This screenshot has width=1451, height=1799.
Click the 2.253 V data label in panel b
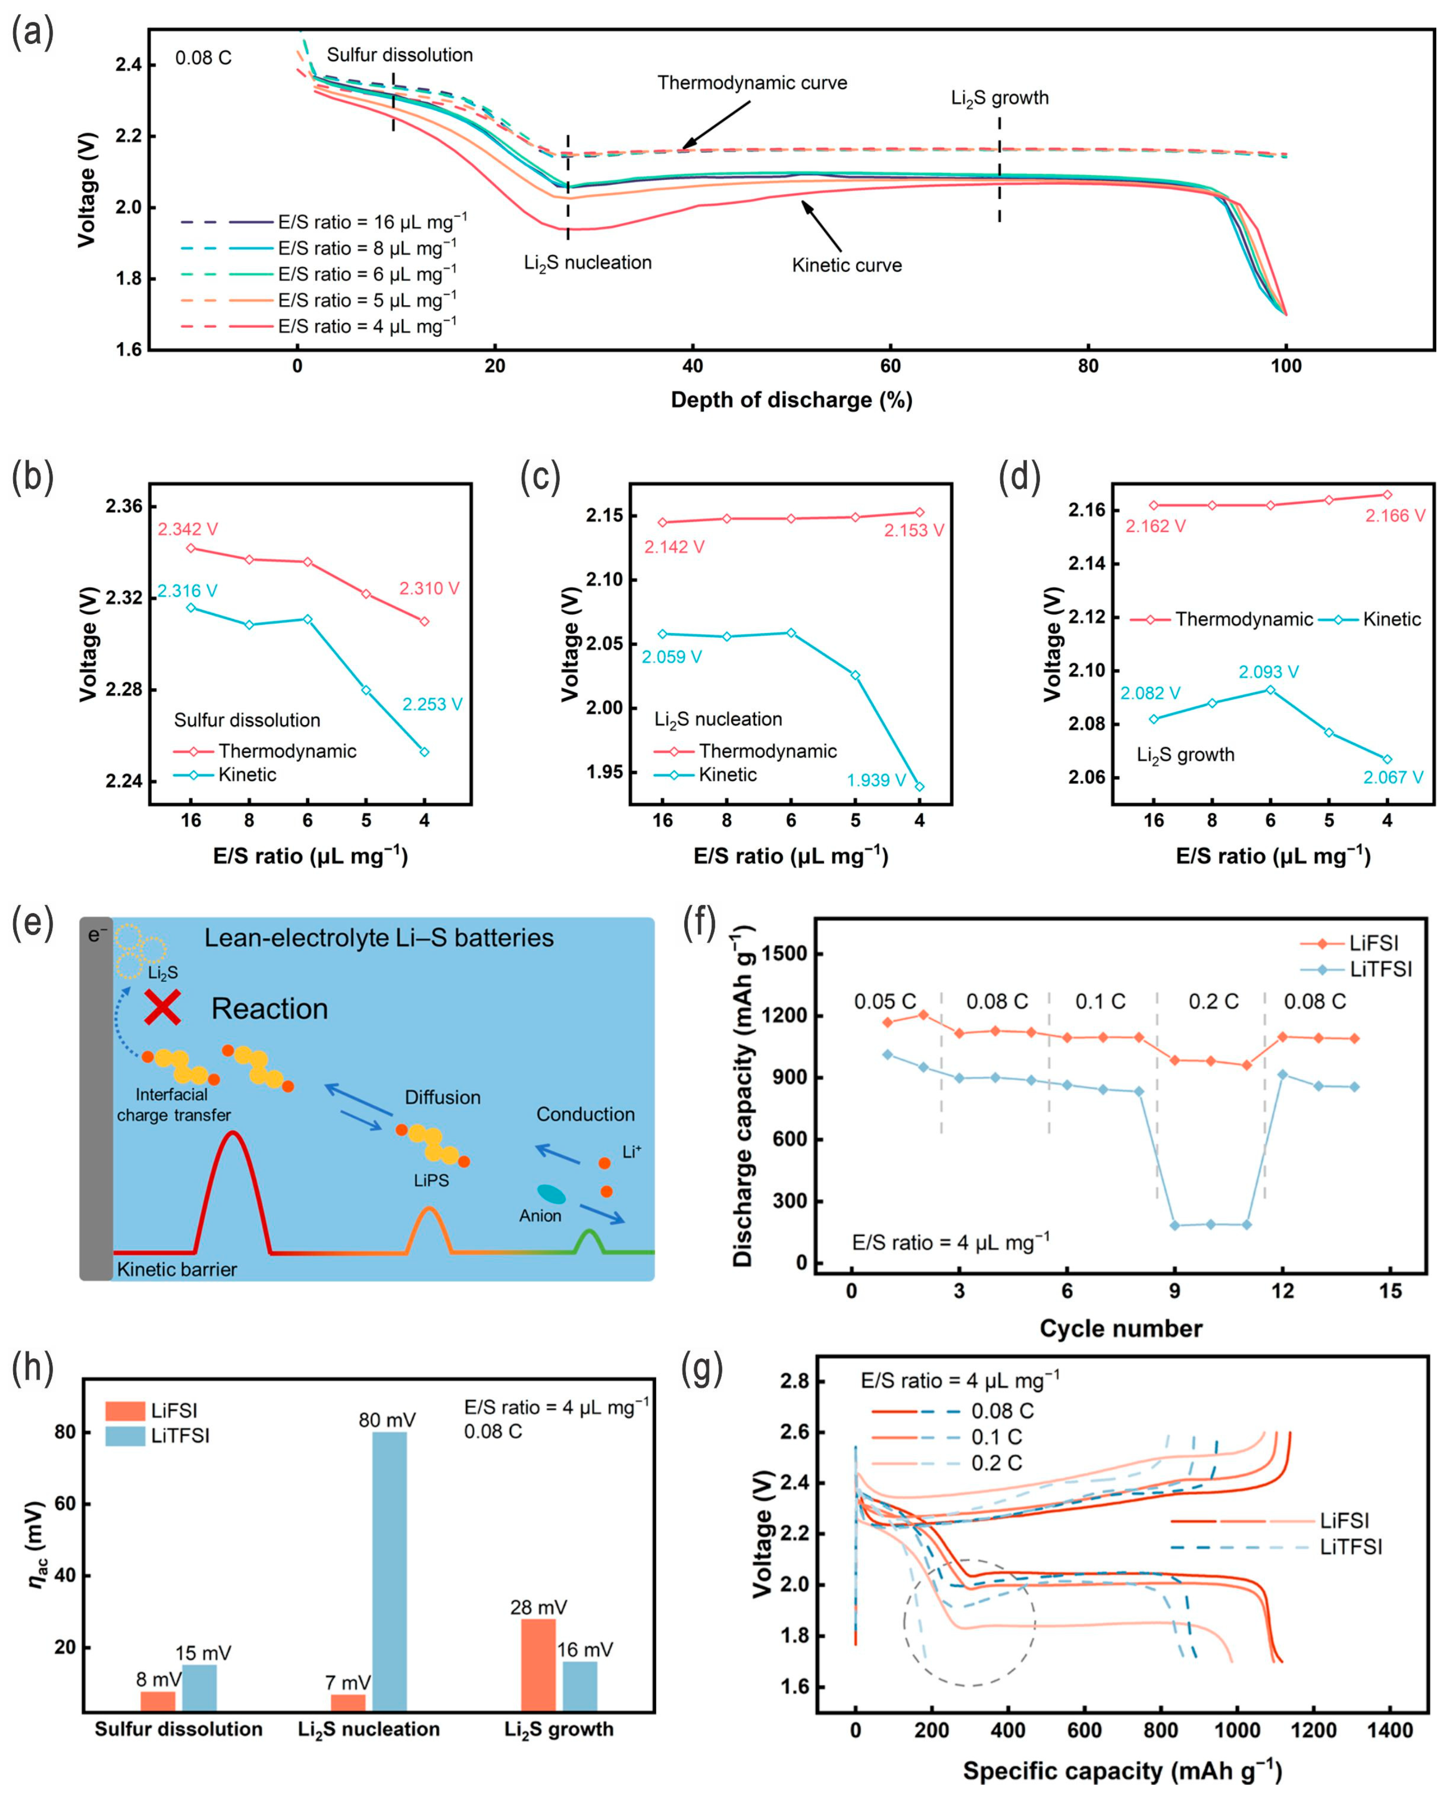point(432,704)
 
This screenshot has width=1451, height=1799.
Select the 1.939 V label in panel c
point(876,781)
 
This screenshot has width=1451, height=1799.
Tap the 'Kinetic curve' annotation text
point(847,266)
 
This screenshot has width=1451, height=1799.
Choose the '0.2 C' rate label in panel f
point(1213,1001)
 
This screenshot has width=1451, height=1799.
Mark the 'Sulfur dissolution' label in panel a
point(399,55)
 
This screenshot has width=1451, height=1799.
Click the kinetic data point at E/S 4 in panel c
point(919,786)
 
